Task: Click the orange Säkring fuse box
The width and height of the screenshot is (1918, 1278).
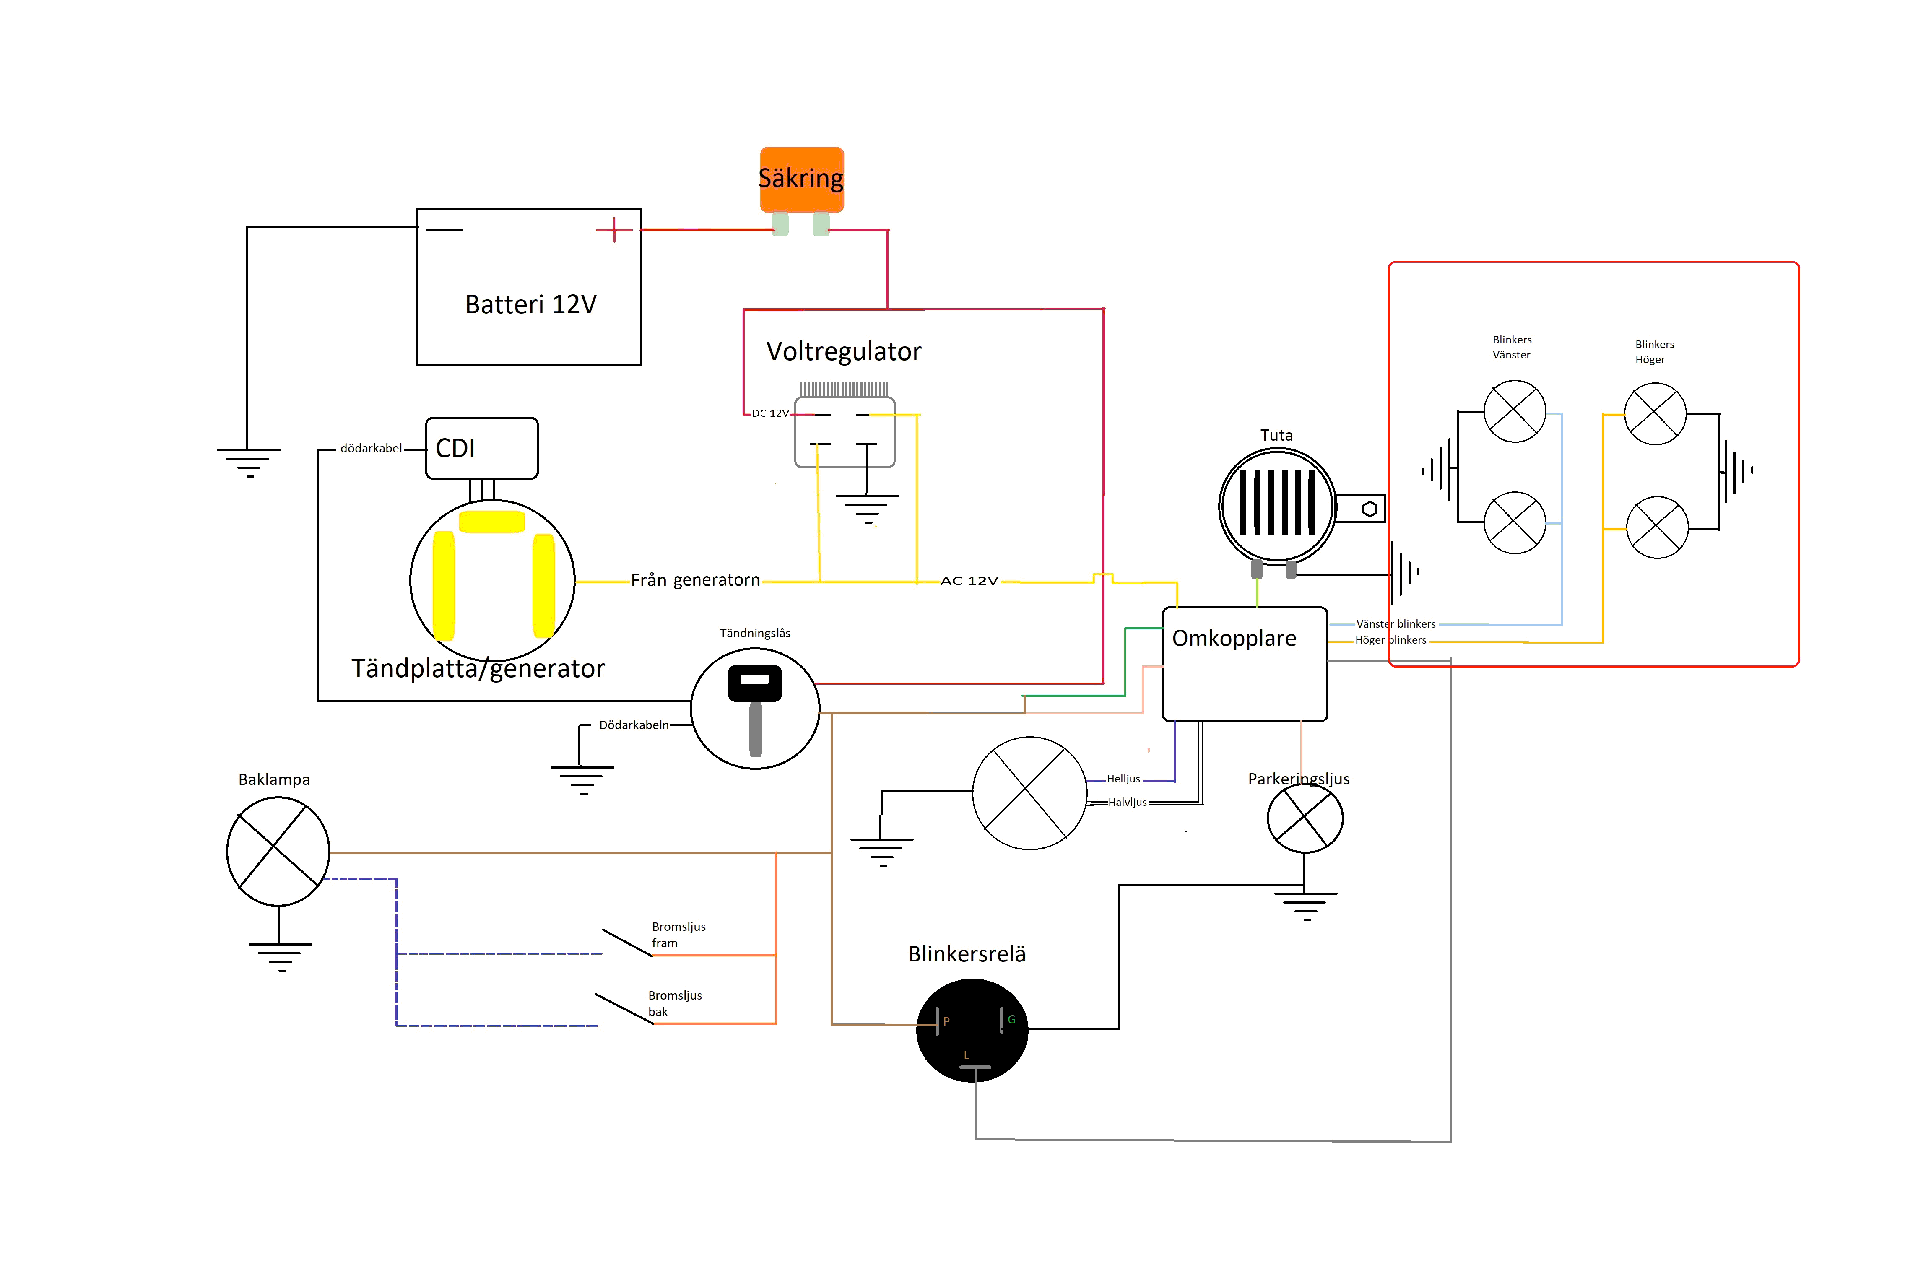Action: (801, 179)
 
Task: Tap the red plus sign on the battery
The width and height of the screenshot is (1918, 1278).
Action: (614, 230)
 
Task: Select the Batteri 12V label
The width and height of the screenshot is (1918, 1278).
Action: (530, 304)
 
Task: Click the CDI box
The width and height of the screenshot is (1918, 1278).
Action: (482, 448)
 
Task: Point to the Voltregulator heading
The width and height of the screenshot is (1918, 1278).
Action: (844, 351)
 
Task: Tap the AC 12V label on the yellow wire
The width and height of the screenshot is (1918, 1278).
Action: (969, 580)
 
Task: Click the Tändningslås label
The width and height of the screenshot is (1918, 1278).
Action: (755, 633)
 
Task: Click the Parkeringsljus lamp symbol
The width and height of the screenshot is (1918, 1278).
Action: (1305, 818)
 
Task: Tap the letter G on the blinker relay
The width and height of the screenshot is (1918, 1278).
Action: (1011, 1020)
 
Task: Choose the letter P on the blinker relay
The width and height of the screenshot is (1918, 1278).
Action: (946, 1021)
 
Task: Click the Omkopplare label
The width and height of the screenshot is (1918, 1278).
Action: (1234, 638)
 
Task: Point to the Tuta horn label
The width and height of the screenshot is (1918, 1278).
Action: (1276, 435)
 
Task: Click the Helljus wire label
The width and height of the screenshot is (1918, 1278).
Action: (1123, 779)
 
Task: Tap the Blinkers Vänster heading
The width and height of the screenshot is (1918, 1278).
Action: (1512, 347)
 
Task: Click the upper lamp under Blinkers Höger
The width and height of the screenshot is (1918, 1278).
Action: (1656, 413)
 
